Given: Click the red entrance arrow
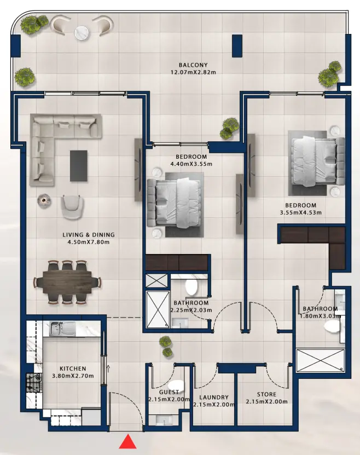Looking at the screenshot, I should click(127, 441).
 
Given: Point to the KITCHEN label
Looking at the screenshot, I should click(73, 368).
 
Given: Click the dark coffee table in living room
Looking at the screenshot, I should click(78, 165).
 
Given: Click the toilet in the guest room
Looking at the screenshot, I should click(176, 386).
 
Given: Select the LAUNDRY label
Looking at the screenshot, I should click(213, 398).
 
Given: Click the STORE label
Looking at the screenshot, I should click(266, 394).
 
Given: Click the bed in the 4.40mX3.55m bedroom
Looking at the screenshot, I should click(175, 200).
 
